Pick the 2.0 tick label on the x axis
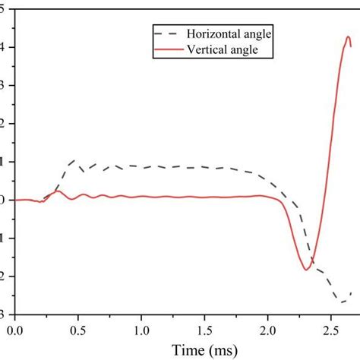(x=267, y=330)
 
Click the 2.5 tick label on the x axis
(x=330, y=330)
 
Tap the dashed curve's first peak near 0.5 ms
(x=74, y=161)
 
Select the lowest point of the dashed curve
(x=343, y=302)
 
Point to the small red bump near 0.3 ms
(x=56, y=191)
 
